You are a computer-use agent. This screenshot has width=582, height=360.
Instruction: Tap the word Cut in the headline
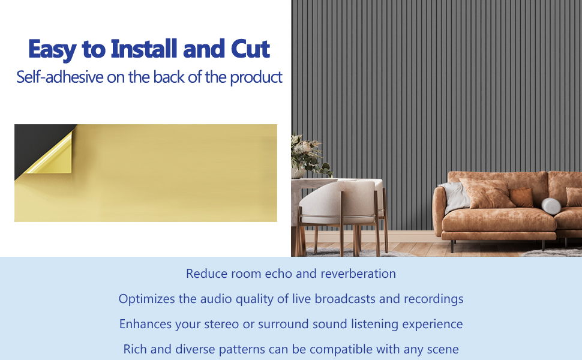(250, 49)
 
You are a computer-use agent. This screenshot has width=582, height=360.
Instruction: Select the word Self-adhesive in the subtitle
(60, 77)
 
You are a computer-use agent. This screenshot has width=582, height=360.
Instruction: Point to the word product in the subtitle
(256, 77)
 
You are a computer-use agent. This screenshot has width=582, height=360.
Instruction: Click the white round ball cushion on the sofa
(551, 206)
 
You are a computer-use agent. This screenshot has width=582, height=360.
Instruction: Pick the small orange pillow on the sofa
(521, 197)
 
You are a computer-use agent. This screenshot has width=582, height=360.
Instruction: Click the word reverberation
(358, 274)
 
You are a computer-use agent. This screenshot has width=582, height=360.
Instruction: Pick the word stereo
(221, 324)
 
